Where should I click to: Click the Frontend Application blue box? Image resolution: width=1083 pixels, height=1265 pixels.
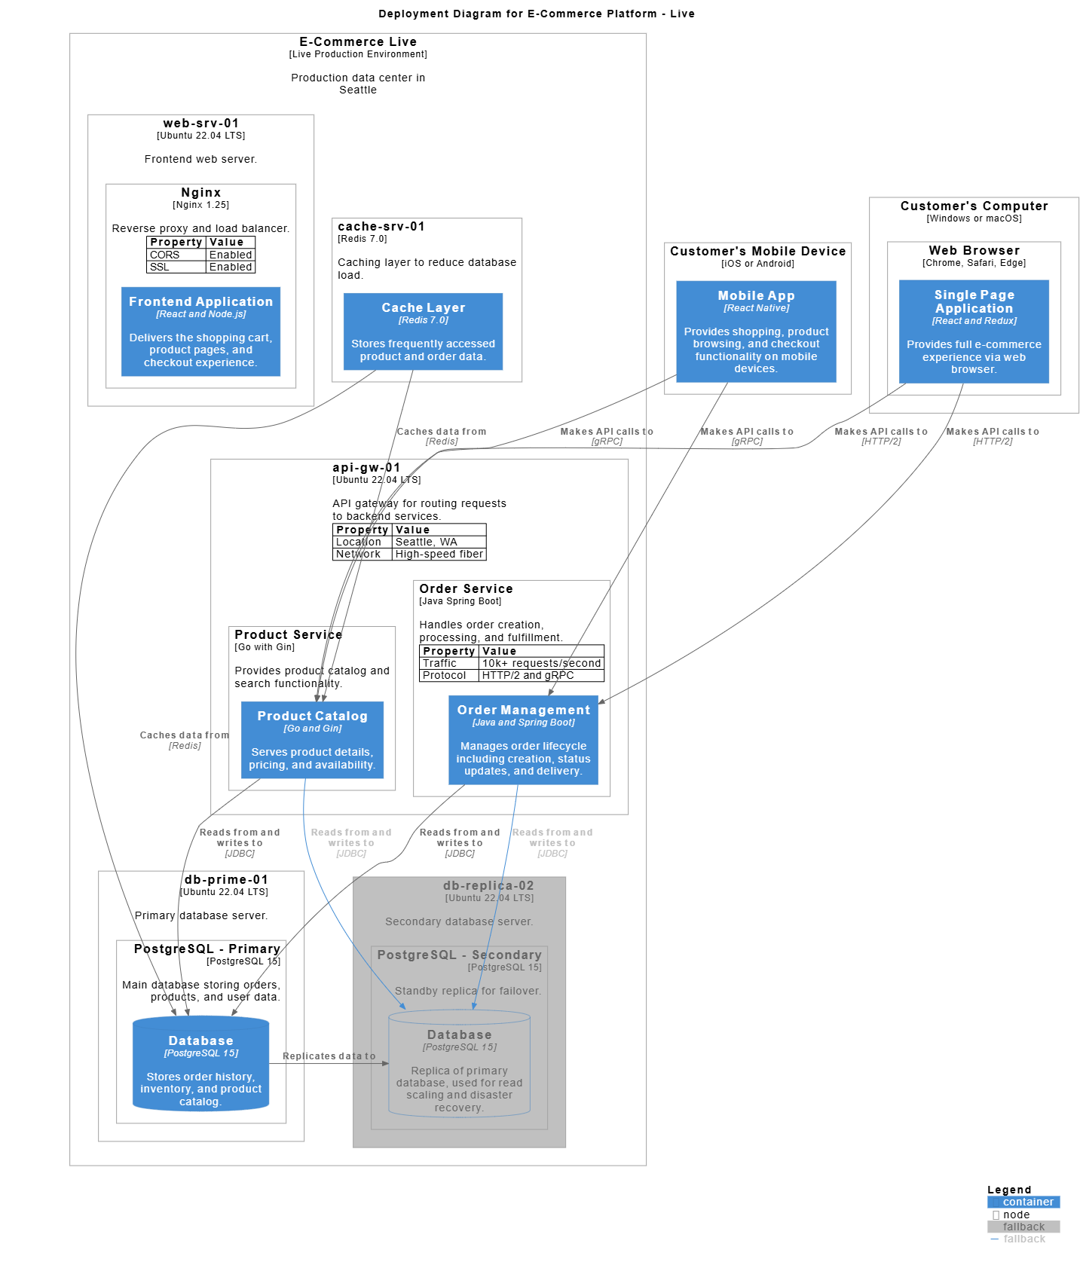pos(200,332)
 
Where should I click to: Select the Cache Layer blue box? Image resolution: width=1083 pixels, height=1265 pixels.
pos(423,332)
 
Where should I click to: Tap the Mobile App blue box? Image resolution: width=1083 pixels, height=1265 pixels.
pos(756,332)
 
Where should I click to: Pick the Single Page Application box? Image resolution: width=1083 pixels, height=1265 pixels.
pos(974,332)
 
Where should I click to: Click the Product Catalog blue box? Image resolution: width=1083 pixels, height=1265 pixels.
pos(312,740)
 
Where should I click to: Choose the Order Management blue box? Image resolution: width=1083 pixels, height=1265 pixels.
pos(523,740)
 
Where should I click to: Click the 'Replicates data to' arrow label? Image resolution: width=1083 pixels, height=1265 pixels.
pos(329,1056)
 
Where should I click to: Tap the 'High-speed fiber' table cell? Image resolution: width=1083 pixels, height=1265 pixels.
pos(439,554)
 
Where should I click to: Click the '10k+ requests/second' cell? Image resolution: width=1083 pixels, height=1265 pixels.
pos(541,663)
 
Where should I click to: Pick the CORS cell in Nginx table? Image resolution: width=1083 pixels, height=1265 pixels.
pos(165,255)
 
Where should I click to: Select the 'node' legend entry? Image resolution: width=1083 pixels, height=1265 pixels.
pos(1015,1215)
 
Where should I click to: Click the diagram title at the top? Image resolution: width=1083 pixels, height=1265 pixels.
pos(537,14)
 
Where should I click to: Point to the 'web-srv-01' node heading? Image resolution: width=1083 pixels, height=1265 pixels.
pos(200,124)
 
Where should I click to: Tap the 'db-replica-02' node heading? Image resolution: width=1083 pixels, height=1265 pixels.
pos(488,886)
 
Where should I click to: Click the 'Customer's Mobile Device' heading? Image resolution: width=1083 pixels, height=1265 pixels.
pos(757,252)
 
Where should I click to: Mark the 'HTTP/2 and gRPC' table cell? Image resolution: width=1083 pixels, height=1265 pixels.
pos(528,675)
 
